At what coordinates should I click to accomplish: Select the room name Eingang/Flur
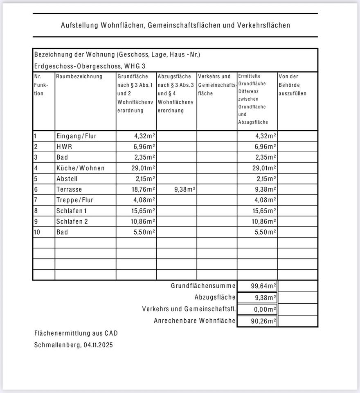[76, 136]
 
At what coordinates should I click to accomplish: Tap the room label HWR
[64, 147]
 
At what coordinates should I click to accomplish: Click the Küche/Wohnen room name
[81, 168]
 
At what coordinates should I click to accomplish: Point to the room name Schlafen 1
[72, 211]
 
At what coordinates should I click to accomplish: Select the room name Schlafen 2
[72, 221]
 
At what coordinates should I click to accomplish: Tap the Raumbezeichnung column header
[79, 77]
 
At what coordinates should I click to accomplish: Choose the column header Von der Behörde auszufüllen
[292, 85]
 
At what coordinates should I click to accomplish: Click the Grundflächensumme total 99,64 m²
[262, 286]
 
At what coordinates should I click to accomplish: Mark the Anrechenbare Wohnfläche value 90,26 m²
[262, 321]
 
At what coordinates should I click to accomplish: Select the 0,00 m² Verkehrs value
[263, 309]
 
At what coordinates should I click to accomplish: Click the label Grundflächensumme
[203, 286]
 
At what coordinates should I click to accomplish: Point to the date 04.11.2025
[98, 345]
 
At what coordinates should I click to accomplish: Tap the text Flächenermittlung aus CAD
[76, 334]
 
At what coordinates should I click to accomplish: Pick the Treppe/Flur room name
[75, 200]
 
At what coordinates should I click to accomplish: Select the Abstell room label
[67, 179]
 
